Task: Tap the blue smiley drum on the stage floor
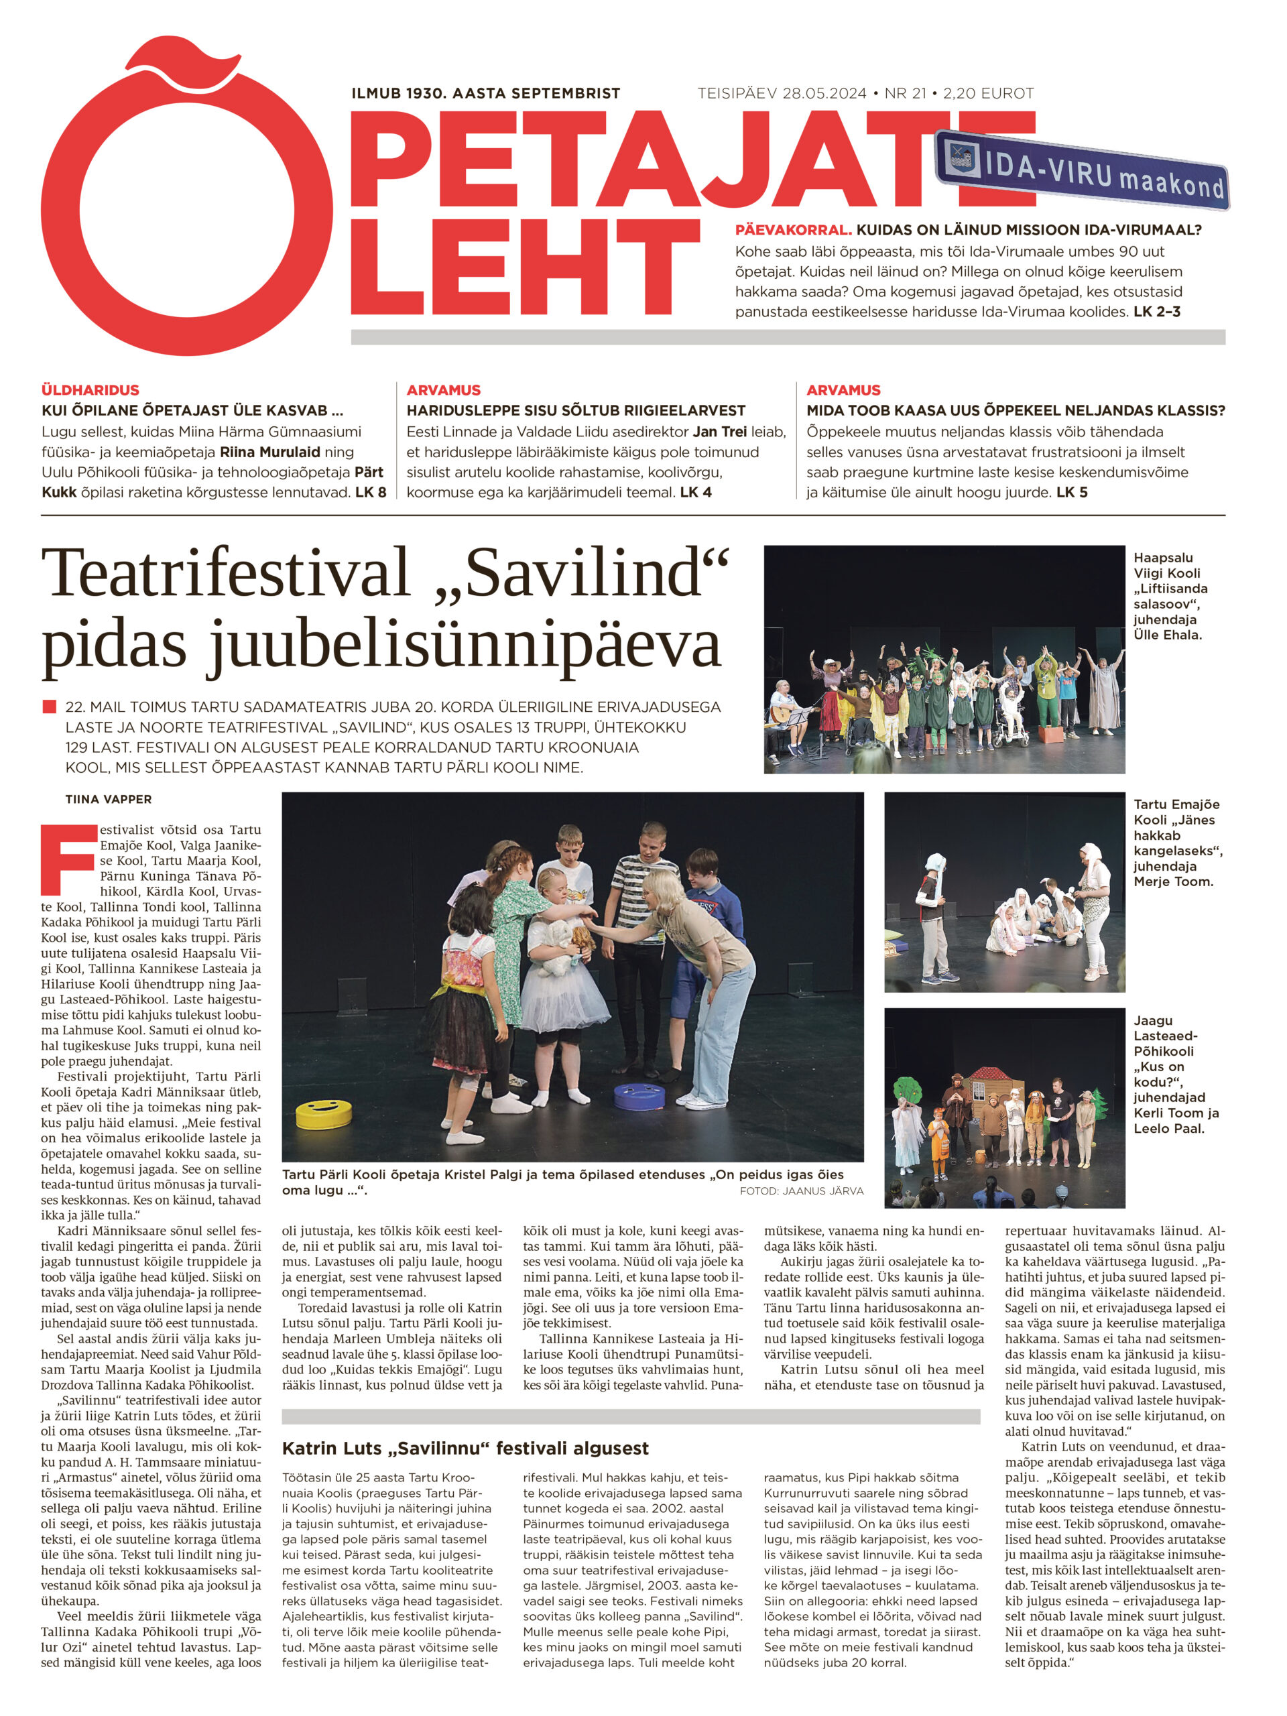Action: (x=639, y=1095)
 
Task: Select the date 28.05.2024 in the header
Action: (x=824, y=94)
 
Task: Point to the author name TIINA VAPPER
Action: (x=109, y=799)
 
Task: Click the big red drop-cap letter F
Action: (x=68, y=859)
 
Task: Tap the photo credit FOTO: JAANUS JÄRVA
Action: (x=800, y=1190)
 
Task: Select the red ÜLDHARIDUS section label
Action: (x=90, y=390)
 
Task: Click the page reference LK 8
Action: (x=370, y=492)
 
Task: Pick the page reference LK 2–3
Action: (x=1157, y=312)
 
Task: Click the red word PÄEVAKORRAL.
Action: (x=793, y=231)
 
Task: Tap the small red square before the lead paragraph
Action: (x=50, y=707)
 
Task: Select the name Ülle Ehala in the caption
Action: (x=1167, y=635)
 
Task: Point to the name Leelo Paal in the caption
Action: (x=1168, y=1128)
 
